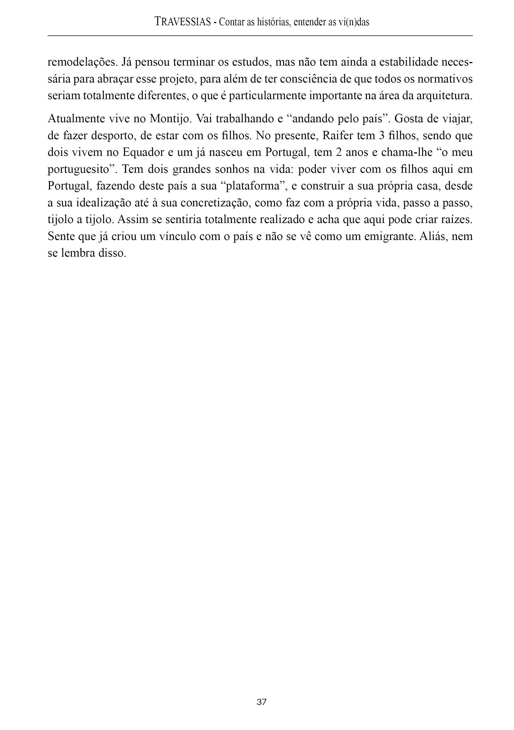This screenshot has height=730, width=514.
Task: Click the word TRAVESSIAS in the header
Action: (183, 22)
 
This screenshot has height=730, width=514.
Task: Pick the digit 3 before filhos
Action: (382, 136)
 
